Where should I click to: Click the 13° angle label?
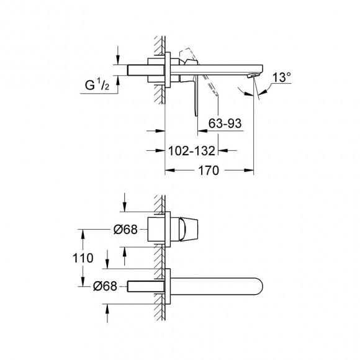pyautogui.click(x=281, y=77)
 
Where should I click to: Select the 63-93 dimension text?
pyautogui.click(x=225, y=124)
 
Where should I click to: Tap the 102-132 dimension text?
pyautogui.click(x=192, y=151)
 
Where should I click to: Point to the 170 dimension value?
pyautogui.click(x=209, y=170)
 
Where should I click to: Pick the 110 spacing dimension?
pyautogui.click(x=83, y=258)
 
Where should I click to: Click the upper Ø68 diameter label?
pyautogui.click(x=125, y=229)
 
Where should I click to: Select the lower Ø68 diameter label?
pyautogui.click(x=105, y=286)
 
